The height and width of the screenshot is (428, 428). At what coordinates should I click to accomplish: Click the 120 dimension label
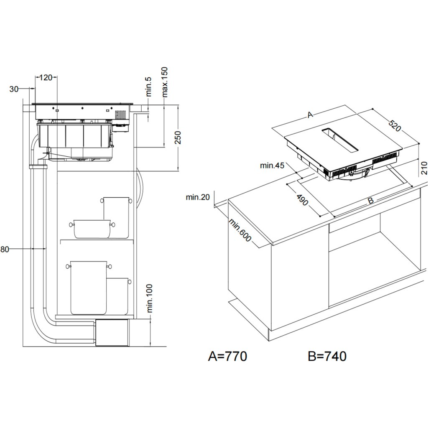point(46,77)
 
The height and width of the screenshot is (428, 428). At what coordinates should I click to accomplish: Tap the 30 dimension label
point(14,89)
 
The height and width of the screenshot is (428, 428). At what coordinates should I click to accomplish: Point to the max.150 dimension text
point(164,82)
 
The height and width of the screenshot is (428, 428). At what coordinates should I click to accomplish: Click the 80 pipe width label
point(5,250)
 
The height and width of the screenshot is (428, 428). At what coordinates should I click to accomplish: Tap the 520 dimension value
point(394,125)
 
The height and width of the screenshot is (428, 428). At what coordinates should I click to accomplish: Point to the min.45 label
point(272,166)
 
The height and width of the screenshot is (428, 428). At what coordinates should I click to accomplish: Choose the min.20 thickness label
point(198,197)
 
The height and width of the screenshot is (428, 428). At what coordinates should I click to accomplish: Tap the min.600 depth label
point(240,231)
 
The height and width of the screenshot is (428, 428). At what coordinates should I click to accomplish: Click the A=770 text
point(227,356)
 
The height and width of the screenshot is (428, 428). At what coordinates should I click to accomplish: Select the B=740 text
point(327,356)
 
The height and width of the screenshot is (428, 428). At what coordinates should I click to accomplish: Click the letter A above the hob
point(310,115)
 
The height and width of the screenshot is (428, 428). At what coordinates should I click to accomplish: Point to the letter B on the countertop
point(370,201)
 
